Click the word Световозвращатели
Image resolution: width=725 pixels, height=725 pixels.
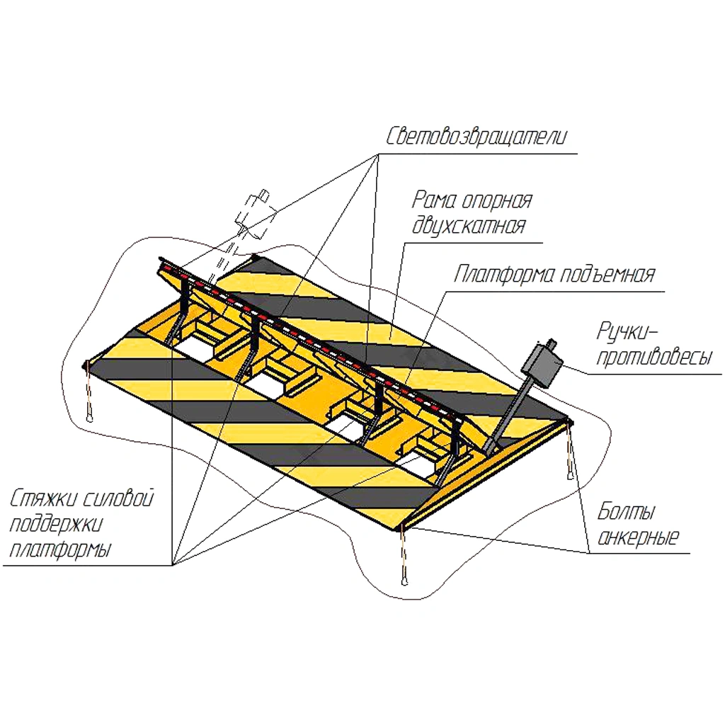click(476, 135)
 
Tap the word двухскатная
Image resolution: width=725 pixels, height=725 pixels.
click(469, 225)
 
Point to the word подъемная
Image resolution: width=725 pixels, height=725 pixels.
click(607, 274)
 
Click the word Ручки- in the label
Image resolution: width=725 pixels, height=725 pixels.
click(627, 331)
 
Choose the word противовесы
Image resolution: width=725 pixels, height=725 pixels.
click(653, 358)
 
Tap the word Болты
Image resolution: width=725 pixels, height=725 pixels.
click(626, 511)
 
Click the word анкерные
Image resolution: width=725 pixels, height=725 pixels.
click(638, 537)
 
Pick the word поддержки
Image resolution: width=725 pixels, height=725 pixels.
click(55, 525)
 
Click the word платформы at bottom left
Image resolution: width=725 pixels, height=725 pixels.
click(60, 550)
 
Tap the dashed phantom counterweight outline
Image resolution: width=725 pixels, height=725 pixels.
click(254, 215)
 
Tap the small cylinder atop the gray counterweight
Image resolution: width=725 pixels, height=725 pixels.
click(552, 343)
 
